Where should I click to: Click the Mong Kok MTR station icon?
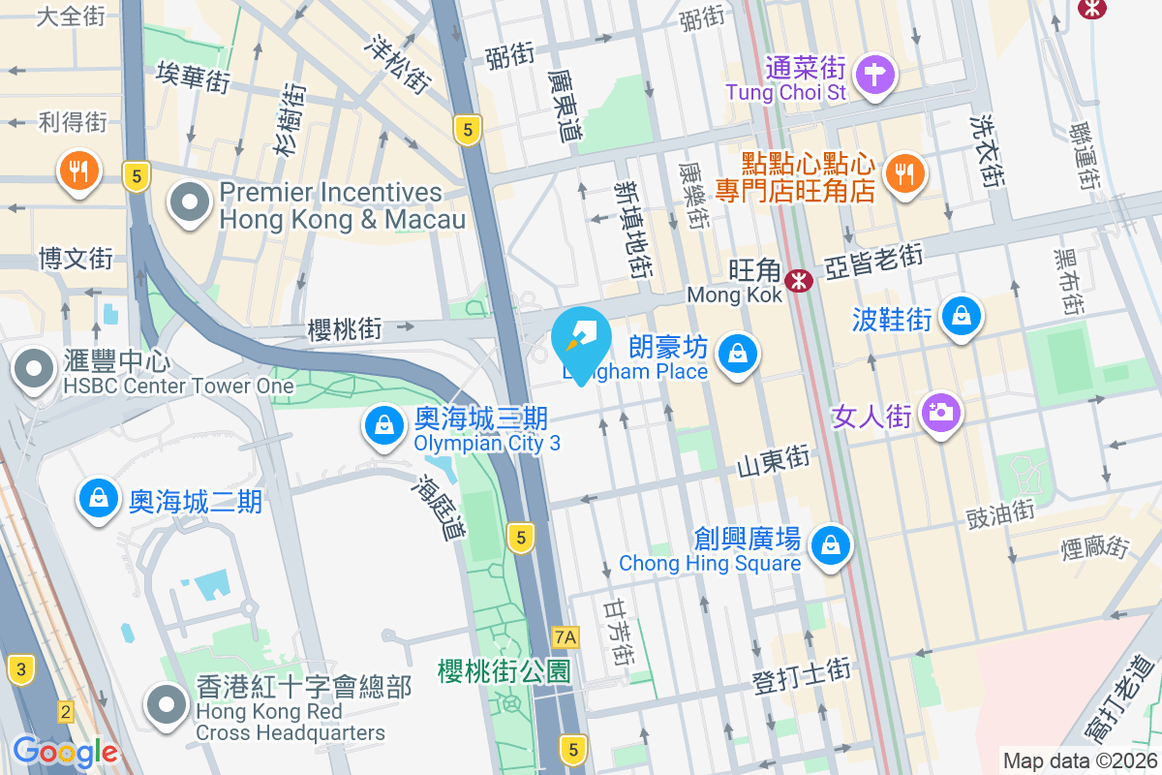click(799, 281)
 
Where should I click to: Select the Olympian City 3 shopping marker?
click(384, 423)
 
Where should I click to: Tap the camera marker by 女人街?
click(940, 413)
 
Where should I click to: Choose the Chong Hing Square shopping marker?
click(830, 544)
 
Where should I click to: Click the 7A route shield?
click(565, 636)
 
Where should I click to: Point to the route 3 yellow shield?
click(20, 667)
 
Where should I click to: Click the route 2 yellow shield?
click(65, 711)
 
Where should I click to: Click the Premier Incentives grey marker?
click(190, 203)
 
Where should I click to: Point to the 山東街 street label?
click(773, 461)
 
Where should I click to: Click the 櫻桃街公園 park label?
click(504, 670)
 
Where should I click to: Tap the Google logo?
click(65, 752)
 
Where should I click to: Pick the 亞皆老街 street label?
click(873, 261)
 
